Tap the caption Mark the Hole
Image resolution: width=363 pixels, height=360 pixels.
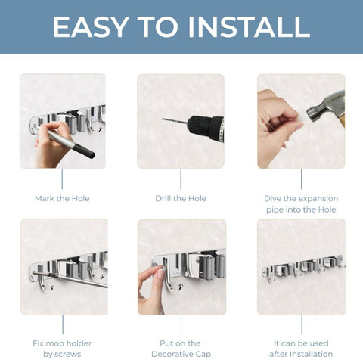[62, 198]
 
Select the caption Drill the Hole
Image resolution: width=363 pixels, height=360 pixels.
[181, 198]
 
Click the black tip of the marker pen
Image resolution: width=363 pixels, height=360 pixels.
[85, 151]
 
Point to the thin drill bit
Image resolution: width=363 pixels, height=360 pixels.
[175, 121]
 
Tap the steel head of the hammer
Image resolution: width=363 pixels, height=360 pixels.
[324, 107]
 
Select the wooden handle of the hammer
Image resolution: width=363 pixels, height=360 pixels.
[342, 120]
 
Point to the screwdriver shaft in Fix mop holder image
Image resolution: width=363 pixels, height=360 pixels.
[70, 280]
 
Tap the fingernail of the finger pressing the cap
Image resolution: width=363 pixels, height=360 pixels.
[160, 274]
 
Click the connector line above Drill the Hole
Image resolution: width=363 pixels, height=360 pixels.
[181, 179]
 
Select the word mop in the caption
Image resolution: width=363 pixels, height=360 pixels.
[54, 344]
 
